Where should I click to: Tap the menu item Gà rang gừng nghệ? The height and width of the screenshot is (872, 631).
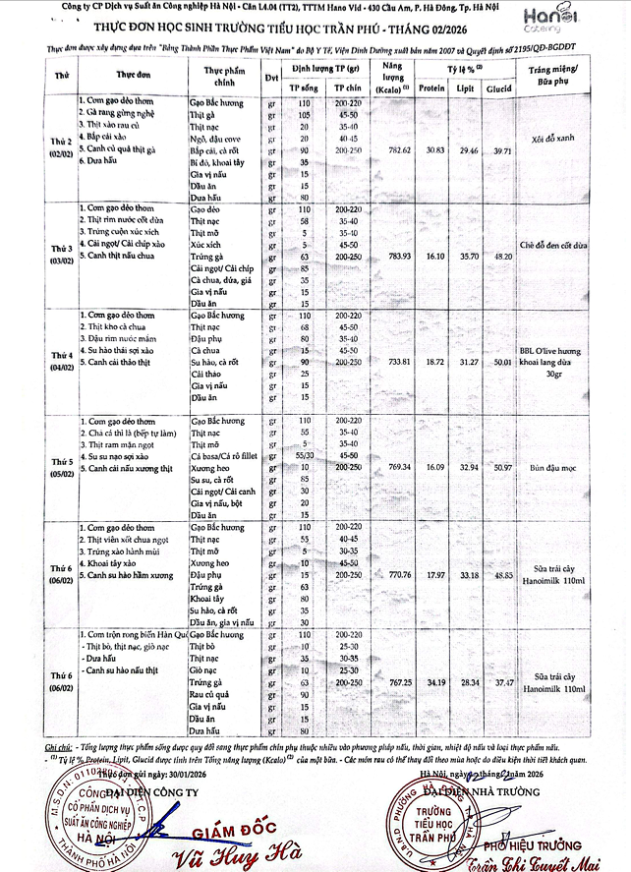tap(123, 113)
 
